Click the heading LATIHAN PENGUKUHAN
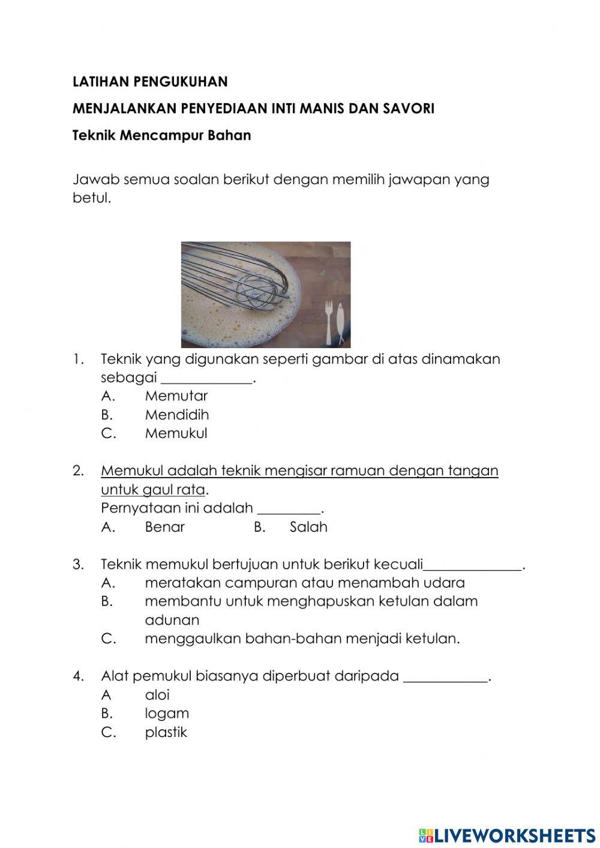150,81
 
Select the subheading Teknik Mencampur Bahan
161,135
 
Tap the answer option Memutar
176,396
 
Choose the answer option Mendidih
176,415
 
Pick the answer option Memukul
176,433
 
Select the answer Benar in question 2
164,527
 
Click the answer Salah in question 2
308,527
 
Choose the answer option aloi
157,695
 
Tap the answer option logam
167,714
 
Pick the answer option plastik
166,732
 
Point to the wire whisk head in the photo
256,289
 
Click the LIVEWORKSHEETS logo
507,835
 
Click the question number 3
78,565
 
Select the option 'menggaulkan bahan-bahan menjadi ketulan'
302,639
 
